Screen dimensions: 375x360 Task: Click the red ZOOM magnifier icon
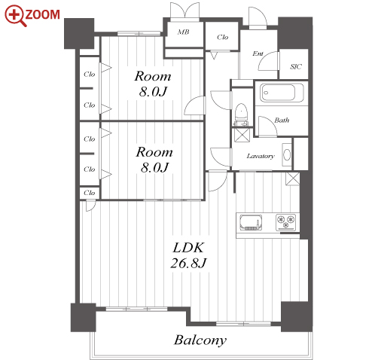click(15, 16)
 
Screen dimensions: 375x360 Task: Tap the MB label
click(184, 32)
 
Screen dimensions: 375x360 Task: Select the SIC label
click(296, 66)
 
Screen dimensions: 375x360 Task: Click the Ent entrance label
click(258, 53)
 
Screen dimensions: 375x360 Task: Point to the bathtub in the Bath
click(282, 93)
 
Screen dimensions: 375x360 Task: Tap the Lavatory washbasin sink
click(287, 154)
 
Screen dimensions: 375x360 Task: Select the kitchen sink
click(251, 222)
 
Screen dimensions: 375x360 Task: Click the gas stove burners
click(286, 222)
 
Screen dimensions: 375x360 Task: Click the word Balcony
click(200, 340)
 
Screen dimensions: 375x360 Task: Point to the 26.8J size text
click(188, 263)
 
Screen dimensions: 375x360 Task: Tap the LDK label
click(188, 248)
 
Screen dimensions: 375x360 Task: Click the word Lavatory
click(261, 156)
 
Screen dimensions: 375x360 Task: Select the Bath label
click(282, 121)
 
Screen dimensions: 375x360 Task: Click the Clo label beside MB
click(223, 37)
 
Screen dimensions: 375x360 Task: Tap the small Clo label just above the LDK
click(90, 193)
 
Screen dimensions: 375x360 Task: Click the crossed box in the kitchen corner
click(292, 178)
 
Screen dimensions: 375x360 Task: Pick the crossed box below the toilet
click(242, 135)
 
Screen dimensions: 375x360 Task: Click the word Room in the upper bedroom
click(153, 76)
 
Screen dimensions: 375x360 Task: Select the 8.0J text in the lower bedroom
click(154, 167)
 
